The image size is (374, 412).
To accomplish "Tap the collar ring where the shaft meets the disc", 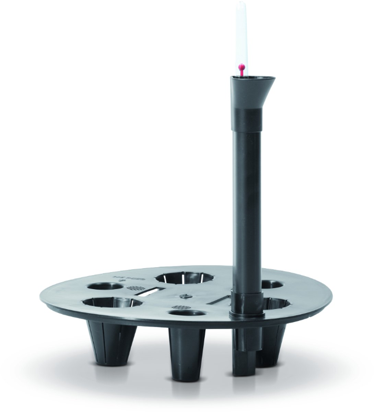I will click(246, 313).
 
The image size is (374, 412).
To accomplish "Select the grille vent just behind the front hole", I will click(181, 307).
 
